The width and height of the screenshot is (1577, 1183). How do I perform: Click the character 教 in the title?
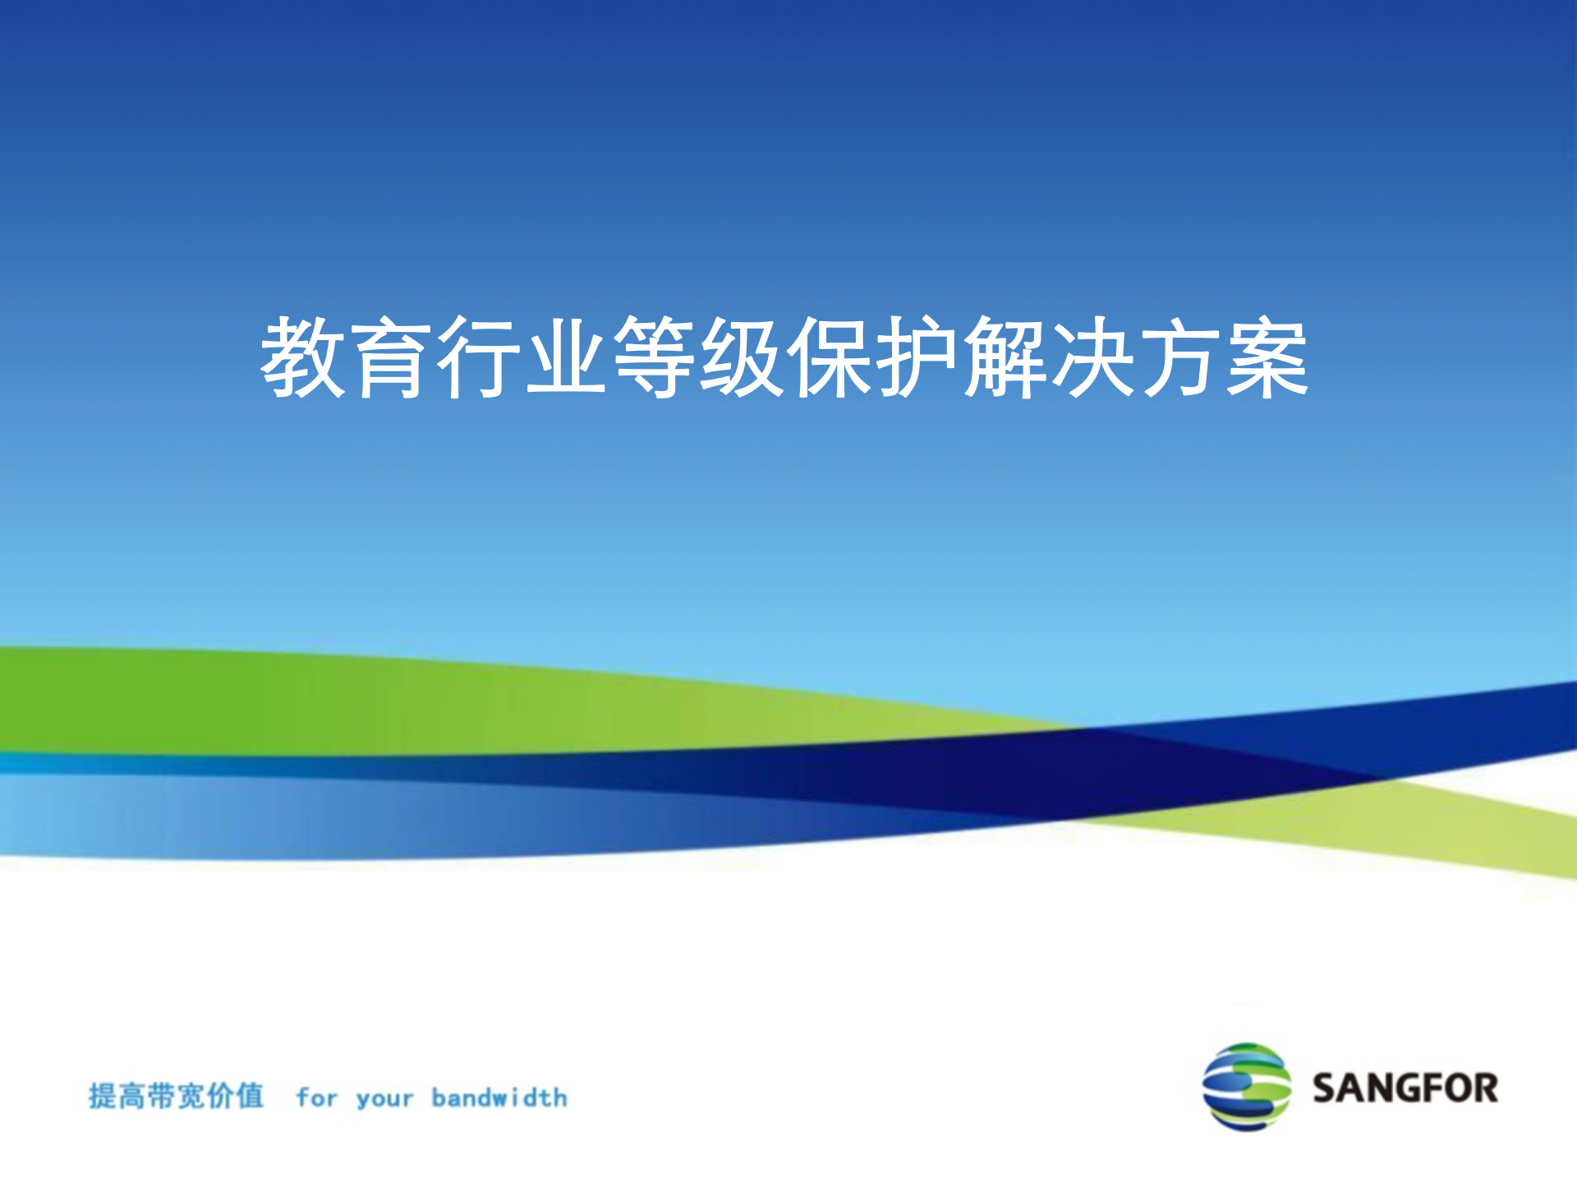303,358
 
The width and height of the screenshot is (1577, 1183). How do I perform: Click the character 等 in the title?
655,358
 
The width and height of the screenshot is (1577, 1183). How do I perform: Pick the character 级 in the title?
742,358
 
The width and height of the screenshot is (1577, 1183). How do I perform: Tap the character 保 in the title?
830,358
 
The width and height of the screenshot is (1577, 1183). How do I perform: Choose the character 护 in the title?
917,358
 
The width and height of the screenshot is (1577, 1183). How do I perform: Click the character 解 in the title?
1005,358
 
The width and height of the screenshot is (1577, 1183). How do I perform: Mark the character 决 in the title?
1093,358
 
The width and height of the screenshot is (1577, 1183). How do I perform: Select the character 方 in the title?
1181,358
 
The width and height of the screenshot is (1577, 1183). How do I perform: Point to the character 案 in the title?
1268,358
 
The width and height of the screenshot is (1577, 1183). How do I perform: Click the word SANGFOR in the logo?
1405,1088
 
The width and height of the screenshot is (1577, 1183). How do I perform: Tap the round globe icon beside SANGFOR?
1246,1087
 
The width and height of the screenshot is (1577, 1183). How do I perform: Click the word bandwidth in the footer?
499,1098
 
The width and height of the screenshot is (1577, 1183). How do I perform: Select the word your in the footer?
384,1099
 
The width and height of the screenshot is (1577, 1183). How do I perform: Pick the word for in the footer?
317,1098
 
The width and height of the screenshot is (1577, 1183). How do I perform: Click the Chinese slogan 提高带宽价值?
177,1096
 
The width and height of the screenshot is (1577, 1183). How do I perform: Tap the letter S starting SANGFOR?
1326,1088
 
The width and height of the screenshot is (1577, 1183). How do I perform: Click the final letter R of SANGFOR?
1485,1088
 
